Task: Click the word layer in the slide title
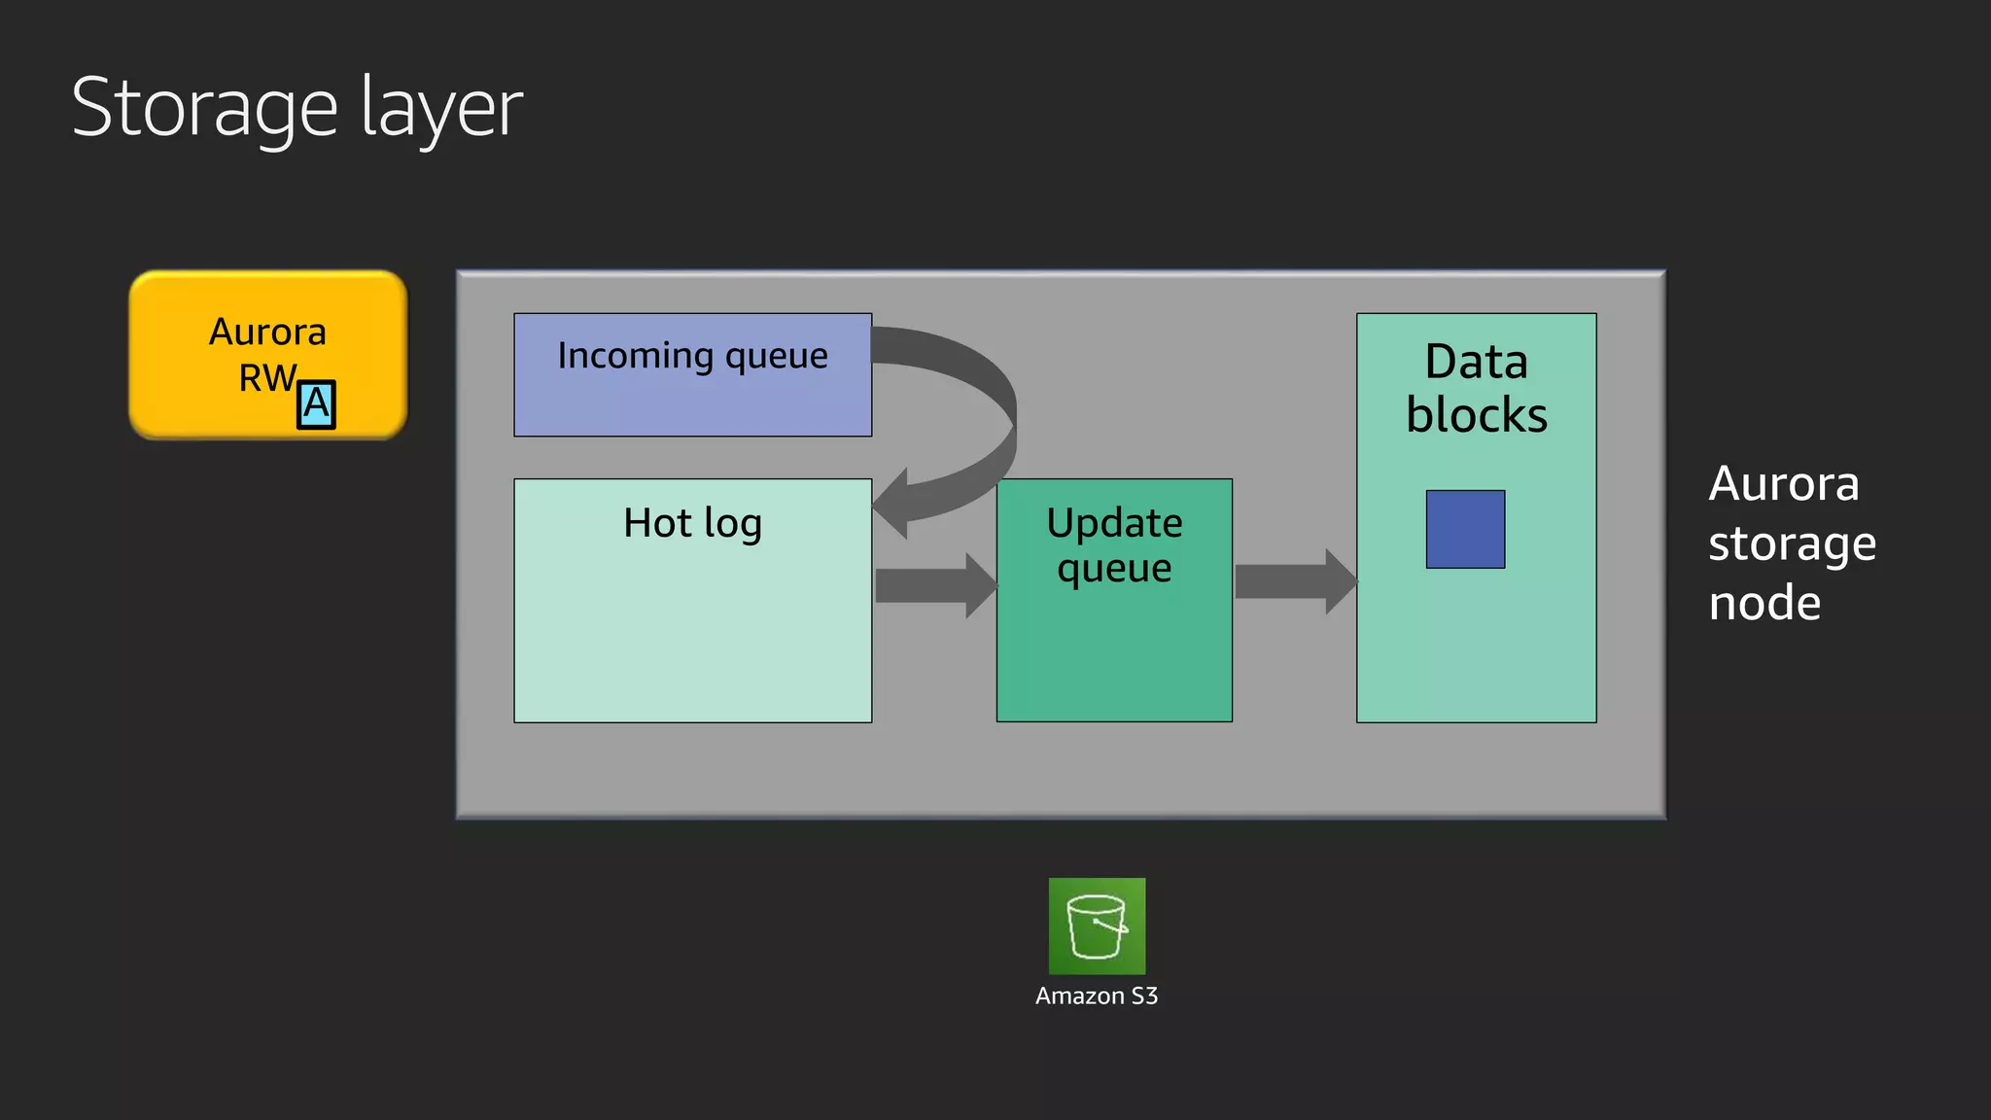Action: click(442, 109)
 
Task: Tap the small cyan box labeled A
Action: click(316, 404)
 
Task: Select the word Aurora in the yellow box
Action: click(267, 332)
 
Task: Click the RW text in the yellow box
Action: click(266, 378)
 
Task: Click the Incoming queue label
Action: click(692, 356)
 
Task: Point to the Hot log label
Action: click(692, 523)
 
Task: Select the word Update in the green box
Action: click(1114, 523)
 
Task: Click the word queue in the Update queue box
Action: click(1114, 569)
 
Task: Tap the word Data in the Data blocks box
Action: click(1476, 362)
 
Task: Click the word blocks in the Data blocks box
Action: click(1476, 415)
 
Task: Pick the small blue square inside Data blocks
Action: click(1465, 529)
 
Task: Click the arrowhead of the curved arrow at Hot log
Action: click(892, 504)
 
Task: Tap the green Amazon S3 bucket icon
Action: click(1097, 926)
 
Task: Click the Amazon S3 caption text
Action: click(1097, 997)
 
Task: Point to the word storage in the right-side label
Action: click(1792, 543)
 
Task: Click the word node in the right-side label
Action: click(1764, 603)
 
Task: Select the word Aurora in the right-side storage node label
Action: click(1784, 483)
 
